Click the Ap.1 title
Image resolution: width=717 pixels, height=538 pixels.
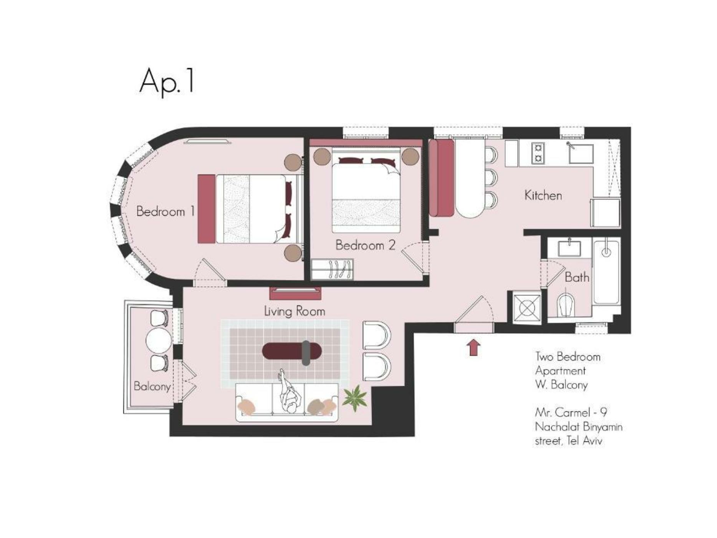tap(167, 82)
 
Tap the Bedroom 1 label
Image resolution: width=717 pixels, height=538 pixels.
tap(166, 211)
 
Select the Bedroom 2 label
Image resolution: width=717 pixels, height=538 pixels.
tap(365, 245)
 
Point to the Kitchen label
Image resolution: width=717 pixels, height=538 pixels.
tap(543, 195)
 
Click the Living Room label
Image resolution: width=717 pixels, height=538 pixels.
tap(295, 311)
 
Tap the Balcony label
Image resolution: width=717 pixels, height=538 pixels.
tap(152, 386)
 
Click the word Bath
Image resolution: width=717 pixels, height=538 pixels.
tap(577, 277)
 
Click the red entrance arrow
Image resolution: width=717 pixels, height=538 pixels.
tap(474, 347)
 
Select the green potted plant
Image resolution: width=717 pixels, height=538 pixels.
tap(354, 398)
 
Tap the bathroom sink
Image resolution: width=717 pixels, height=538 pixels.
tap(569, 248)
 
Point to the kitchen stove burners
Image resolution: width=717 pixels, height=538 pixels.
tap(538, 153)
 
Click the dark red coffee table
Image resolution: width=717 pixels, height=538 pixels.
tap(291, 351)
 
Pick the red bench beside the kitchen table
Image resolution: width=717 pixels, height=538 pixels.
tap(442, 178)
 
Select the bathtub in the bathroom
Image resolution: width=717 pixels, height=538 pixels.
tap(606, 272)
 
